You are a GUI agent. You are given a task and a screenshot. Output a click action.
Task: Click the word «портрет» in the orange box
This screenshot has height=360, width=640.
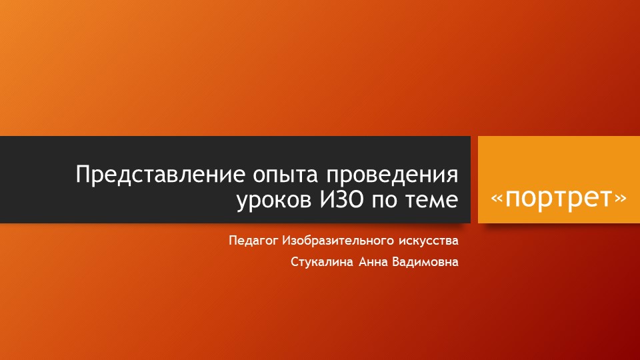[559, 198]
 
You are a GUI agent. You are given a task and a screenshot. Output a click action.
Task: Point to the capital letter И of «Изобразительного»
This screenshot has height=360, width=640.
[287, 240]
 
